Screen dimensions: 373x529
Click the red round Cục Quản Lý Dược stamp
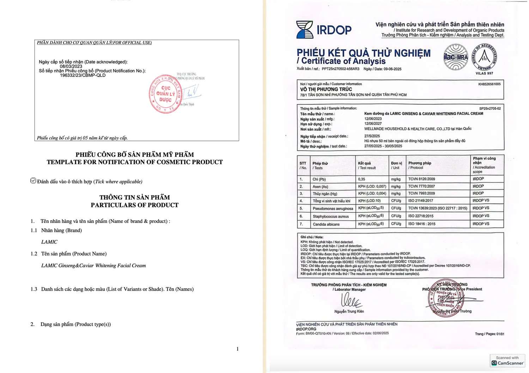pyautogui.click(x=165, y=94)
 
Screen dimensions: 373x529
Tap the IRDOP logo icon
pyautogui.click(x=304, y=30)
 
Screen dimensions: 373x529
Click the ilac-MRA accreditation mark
pyautogui.click(x=455, y=57)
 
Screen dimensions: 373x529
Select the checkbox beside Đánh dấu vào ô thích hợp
pyautogui.click(x=33, y=181)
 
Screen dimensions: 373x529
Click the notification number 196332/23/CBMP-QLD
pyautogui.click(x=83, y=75)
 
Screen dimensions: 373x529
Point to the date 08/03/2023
pyautogui.click(x=71, y=66)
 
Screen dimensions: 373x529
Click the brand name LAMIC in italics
pyautogui.click(x=49, y=242)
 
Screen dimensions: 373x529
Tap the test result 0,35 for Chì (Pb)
pyautogui.click(x=361, y=179)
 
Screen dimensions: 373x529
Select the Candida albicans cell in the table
pyautogui.click(x=326, y=224)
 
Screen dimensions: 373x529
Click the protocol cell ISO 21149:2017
pyautogui.click(x=420, y=201)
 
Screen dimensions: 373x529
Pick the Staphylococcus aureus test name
pyautogui.click(x=330, y=216)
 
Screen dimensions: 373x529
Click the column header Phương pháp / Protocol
pyautogui.click(x=420, y=165)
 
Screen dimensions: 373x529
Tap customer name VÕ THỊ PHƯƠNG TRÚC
pyautogui.click(x=326, y=89)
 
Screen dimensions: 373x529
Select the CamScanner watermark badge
pyautogui.click(x=507, y=361)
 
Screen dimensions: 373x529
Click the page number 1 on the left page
pyautogui.click(x=237, y=349)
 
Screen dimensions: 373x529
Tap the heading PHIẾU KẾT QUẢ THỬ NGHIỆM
pyautogui.click(x=363, y=53)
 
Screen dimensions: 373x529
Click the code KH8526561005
pyautogui.click(x=489, y=84)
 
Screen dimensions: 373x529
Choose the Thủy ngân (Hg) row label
pyautogui.click(x=324, y=194)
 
